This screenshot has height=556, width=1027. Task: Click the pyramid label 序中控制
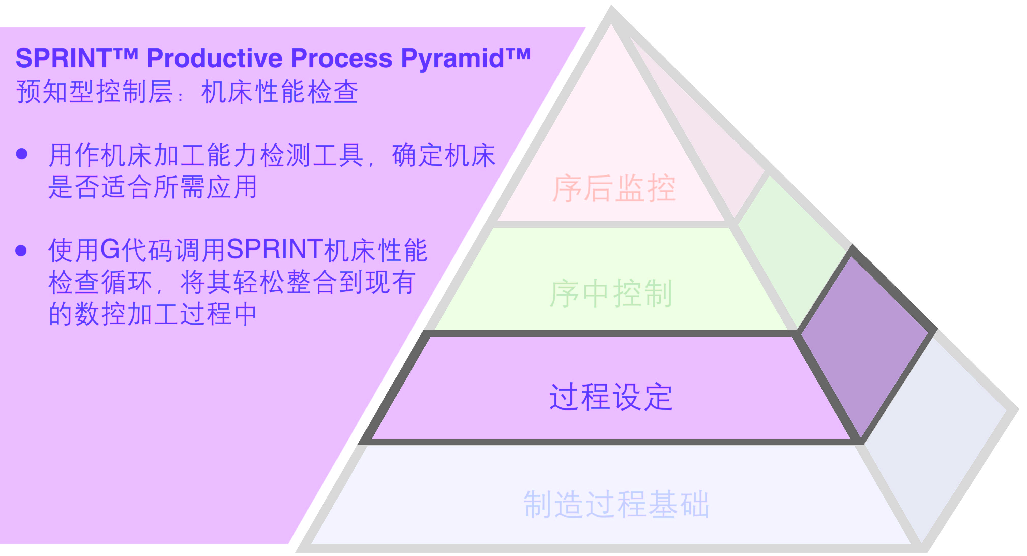tap(611, 294)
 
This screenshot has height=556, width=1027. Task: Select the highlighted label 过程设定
tap(611, 397)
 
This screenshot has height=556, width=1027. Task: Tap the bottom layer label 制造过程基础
tap(616, 504)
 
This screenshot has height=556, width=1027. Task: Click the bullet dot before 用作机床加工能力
tap(22, 154)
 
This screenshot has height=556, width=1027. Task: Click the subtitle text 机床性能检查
tap(280, 92)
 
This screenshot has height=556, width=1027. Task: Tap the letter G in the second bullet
tap(110, 250)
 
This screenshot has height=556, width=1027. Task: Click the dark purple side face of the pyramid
tap(865, 343)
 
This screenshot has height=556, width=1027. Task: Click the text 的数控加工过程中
tap(152, 314)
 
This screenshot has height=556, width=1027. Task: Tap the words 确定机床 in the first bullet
tap(444, 155)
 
